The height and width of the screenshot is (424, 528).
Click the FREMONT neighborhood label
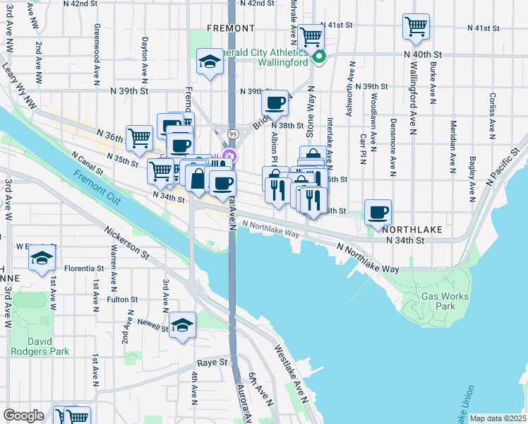230,28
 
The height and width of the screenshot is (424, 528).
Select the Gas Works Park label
445,302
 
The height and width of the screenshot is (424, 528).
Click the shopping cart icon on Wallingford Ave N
416,27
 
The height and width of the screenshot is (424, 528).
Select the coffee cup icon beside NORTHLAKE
378,212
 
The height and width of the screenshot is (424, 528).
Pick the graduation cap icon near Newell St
183,325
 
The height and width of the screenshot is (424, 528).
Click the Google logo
23,416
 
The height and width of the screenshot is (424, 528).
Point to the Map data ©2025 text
498,418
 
